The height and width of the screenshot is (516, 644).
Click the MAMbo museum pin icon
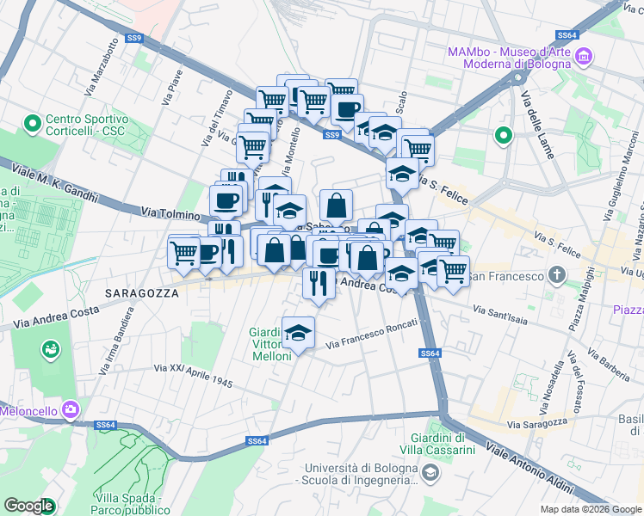coord(585,58)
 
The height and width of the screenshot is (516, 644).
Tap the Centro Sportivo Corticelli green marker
coord(33,124)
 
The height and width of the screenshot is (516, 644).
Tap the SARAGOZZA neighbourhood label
coord(141,292)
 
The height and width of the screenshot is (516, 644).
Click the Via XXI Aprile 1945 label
coord(193,375)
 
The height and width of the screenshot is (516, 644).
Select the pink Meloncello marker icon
coord(70,411)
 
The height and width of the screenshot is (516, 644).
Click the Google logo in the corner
coord(29,506)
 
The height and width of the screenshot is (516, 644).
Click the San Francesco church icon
coord(557,276)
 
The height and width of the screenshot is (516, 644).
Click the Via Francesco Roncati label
coord(372,335)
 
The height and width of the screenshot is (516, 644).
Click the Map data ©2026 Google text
coord(590,509)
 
